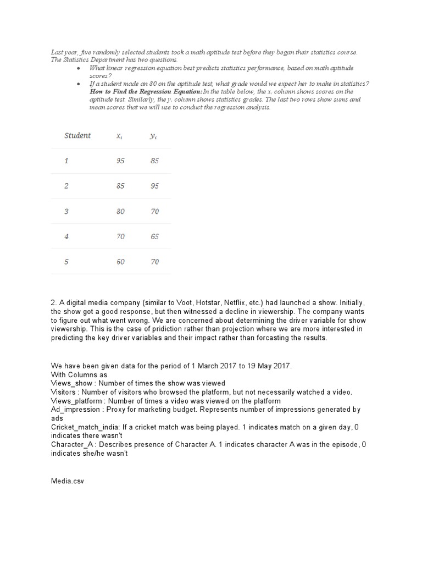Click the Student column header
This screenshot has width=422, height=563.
click(77, 136)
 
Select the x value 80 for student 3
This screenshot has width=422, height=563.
click(120, 212)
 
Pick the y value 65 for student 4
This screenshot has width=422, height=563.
click(154, 237)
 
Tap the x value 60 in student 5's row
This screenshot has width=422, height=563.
click(120, 262)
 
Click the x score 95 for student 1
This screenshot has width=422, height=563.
click(120, 161)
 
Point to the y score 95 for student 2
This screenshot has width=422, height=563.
click(154, 186)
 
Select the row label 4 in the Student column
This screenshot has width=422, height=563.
click(66, 237)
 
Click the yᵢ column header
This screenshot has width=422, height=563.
click(153, 136)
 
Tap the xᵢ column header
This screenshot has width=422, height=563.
click(119, 136)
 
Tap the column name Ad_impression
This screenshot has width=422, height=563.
click(76, 410)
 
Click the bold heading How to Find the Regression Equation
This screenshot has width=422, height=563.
click(146, 91)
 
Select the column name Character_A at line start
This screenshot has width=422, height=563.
click(73, 445)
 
